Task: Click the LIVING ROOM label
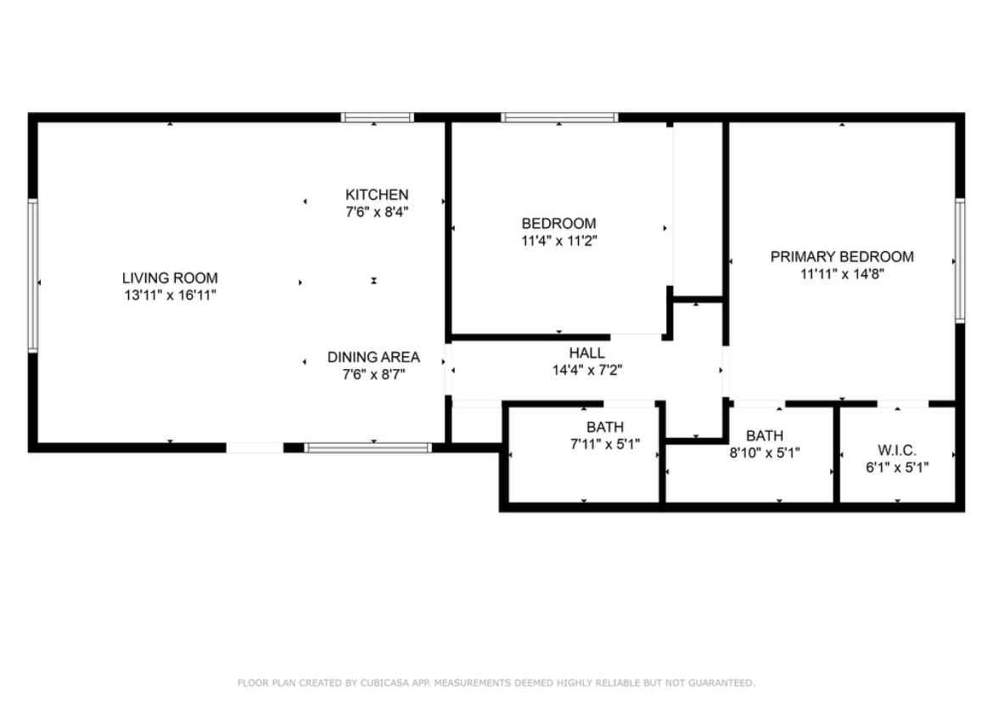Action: click(x=170, y=277)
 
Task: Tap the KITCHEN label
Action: click(x=376, y=195)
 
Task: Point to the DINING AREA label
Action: click(x=373, y=357)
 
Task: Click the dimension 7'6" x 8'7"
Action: click(x=373, y=374)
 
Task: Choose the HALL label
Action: click(x=586, y=353)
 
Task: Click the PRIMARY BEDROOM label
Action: click(x=842, y=256)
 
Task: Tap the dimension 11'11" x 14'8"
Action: click(x=842, y=274)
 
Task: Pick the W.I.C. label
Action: click(x=896, y=451)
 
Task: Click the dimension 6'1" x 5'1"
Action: click(x=896, y=468)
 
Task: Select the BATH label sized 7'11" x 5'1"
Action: click(x=604, y=427)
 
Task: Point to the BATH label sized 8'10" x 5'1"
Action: click(x=765, y=436)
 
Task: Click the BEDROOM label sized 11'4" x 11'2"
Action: click(x=558, y=223)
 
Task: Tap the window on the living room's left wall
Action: click(x=33, y=275)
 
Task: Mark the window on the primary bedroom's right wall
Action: click(x=960, y=260)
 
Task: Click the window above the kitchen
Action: click(x=378, y=117)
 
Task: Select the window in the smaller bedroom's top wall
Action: click(x=559, y=117)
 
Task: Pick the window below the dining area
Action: click(x=367, y=447)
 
